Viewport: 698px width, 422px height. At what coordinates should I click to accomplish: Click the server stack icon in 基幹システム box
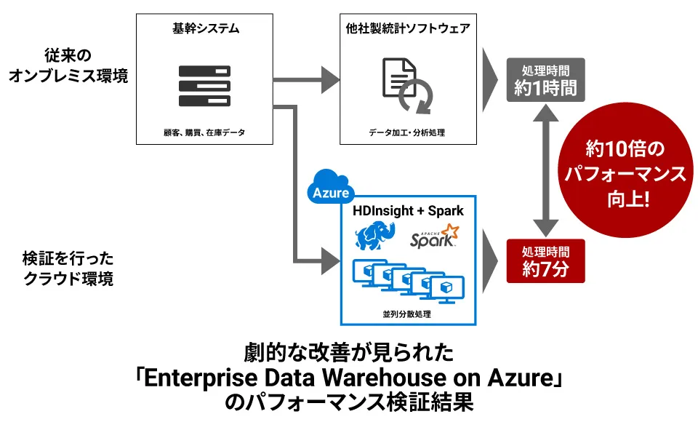(204, 87)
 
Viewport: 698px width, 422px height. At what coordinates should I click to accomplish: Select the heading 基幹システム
(204, 30)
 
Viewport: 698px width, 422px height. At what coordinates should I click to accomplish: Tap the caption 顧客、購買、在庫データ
(204, 133)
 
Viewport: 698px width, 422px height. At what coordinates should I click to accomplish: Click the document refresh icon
(407, 87)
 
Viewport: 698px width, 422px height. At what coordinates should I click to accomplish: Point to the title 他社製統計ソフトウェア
(407, 30)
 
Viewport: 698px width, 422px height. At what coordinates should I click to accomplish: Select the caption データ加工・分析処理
(407, 133)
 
